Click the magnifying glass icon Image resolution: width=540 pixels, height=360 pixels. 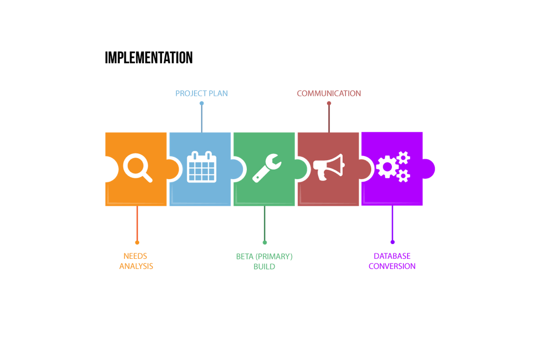137,167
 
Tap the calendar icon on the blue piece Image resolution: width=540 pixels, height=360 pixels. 201,167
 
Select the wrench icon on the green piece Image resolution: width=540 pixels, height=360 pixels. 266,168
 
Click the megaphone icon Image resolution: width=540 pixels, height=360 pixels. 328,167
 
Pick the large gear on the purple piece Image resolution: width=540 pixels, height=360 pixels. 388,167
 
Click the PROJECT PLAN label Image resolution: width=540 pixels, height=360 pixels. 201,93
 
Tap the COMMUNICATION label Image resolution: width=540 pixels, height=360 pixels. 329,93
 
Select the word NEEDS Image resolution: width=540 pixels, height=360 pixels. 136,256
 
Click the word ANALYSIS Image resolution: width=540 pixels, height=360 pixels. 136,266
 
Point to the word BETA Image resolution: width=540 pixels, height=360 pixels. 245,256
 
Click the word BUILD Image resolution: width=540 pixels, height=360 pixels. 264,266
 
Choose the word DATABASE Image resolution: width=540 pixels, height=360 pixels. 392,256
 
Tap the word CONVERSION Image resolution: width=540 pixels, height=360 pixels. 392,266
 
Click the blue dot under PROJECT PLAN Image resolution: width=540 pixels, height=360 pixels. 201,103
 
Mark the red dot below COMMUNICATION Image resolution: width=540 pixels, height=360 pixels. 329,103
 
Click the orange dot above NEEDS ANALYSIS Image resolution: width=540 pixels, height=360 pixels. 137,242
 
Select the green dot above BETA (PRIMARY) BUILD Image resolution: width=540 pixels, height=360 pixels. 265,242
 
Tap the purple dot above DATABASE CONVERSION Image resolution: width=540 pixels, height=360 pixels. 392,242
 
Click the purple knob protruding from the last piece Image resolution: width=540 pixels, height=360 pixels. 429,169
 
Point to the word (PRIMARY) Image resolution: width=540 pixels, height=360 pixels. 274,256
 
